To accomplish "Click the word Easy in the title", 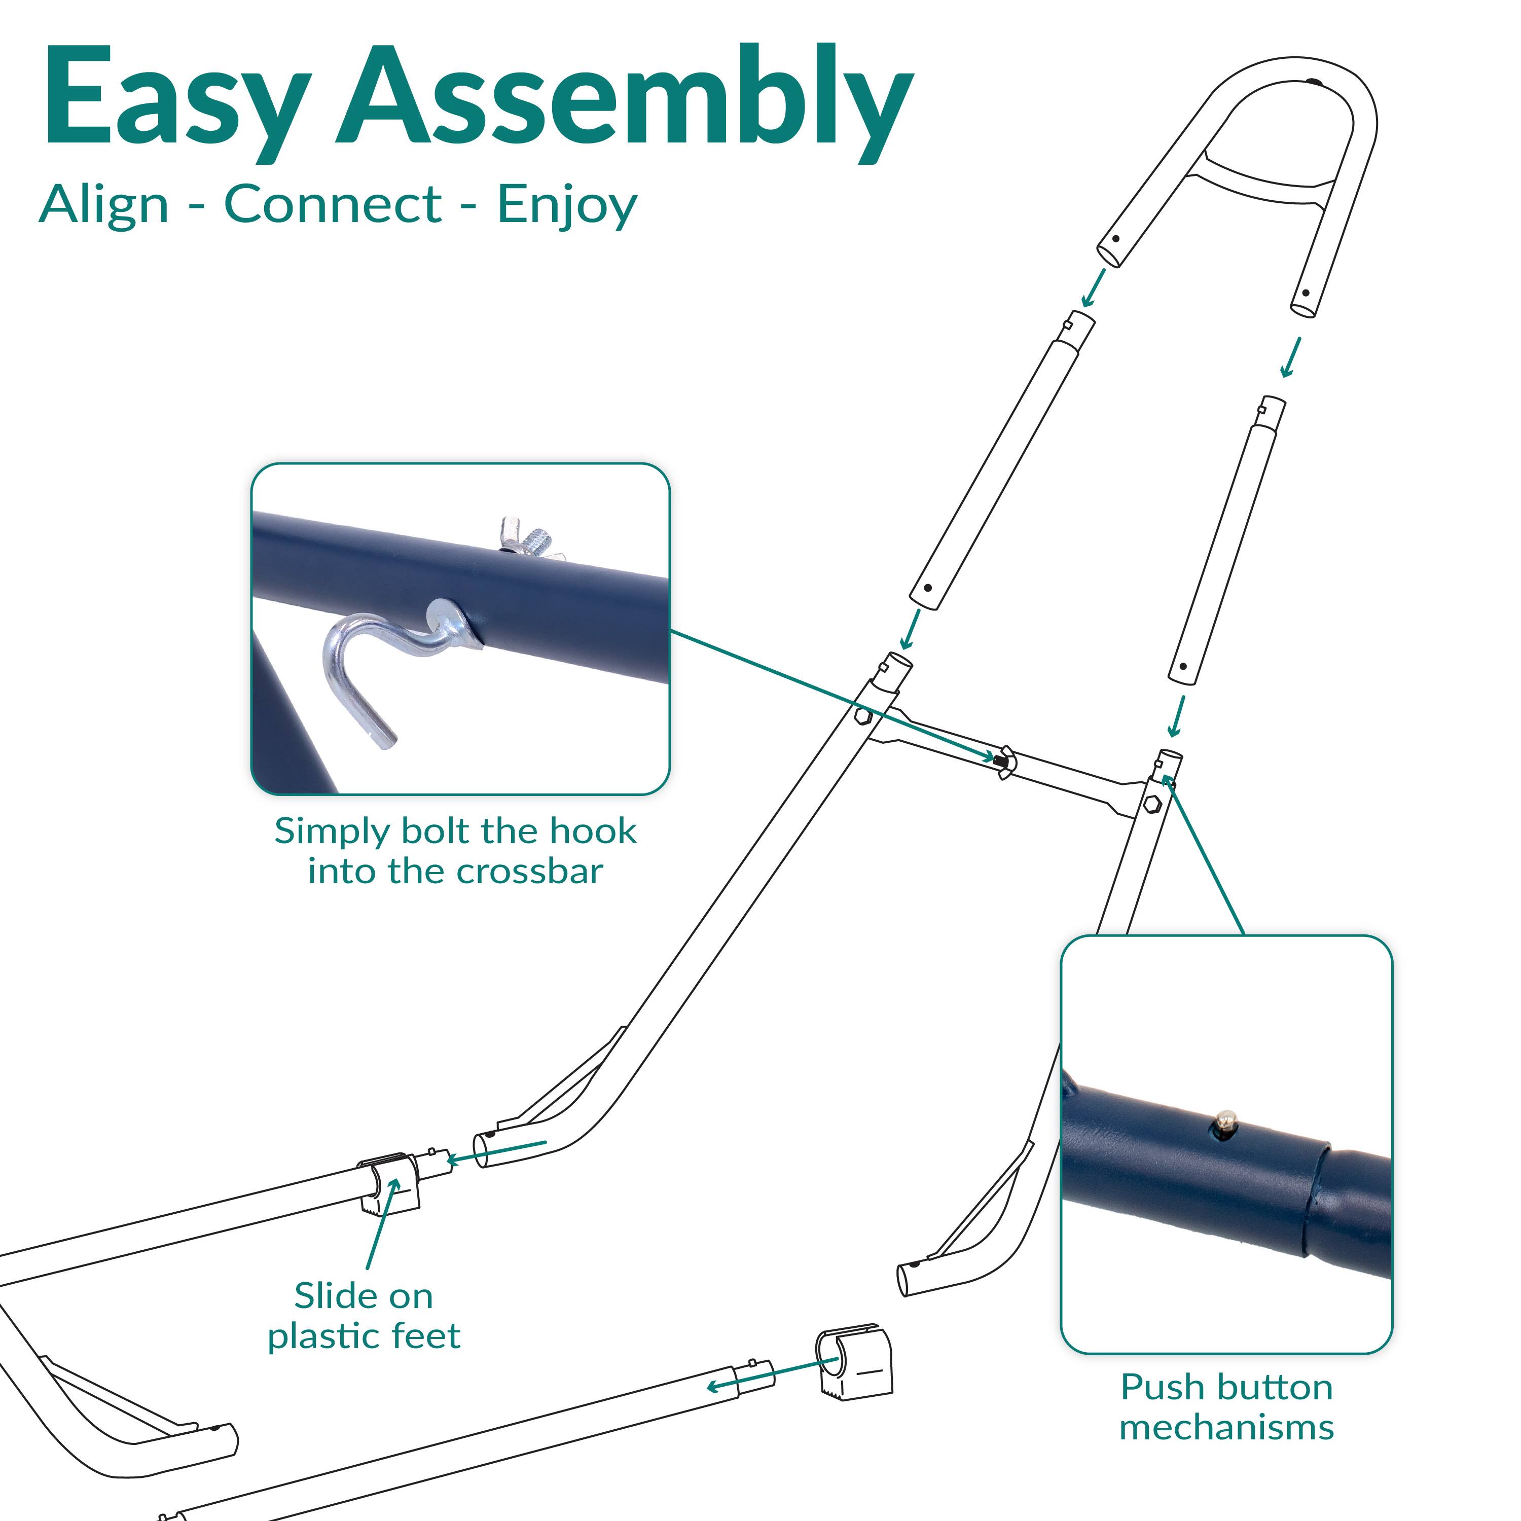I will [x=175, y=98].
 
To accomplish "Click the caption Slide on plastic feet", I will [x=364, y=1316].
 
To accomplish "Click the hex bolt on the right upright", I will [x=1152, y=804].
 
